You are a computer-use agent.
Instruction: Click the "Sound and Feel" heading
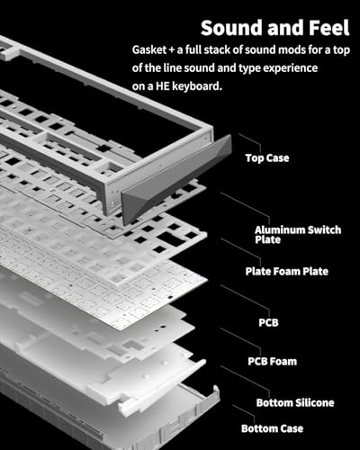click(x=275, y=28)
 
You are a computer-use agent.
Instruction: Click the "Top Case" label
click(x=267, y=157)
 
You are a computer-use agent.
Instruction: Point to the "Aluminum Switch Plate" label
click(x=298, y=235)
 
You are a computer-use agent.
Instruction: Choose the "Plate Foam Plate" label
click(x=286, y=271)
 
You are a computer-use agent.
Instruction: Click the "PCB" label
click(x=268, y=322)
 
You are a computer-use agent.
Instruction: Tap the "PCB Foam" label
click(x=272, y=361)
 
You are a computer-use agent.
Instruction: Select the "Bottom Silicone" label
click(x=295, y=402)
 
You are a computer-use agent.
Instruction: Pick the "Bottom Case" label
click(x=272, y=428)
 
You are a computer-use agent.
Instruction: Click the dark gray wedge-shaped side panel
click(x=176, y=179)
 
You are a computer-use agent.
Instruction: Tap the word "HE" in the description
click(x=162, y=86)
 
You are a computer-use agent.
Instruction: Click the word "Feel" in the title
click(x=329, y=28)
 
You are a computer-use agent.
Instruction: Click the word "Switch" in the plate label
click(x=324, y=229)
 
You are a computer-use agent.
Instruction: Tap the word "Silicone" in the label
click(x=314, y=402)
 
